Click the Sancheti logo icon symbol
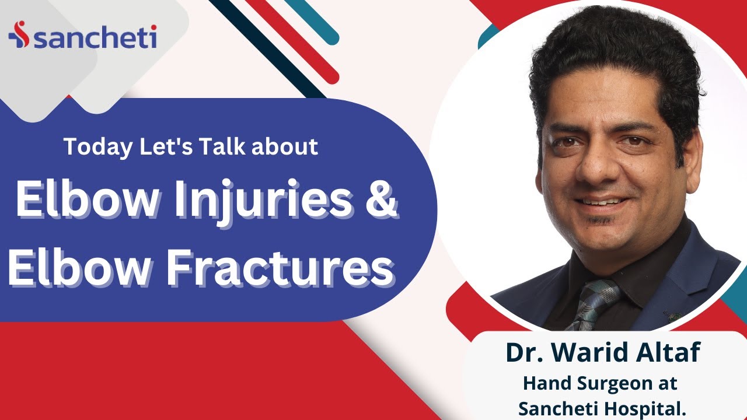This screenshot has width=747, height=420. [18, 37]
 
